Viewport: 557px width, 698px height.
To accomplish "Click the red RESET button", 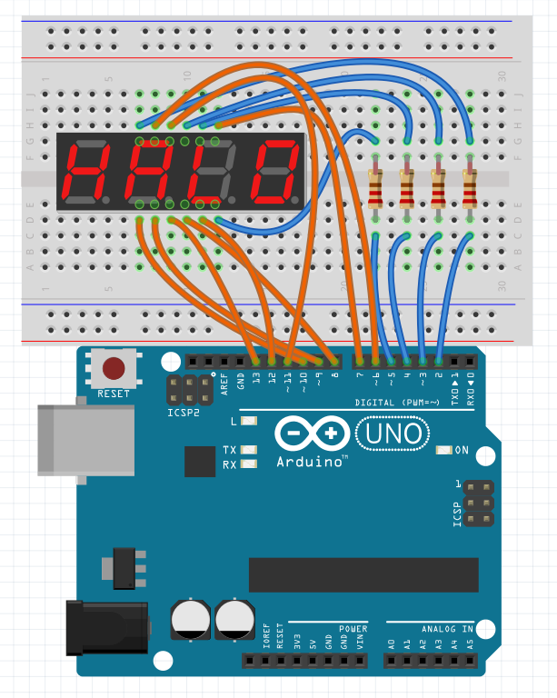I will click(114, 368).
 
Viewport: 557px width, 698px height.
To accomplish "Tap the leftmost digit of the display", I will click(80, 173).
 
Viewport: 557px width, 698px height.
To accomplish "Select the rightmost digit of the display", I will click(276, 173).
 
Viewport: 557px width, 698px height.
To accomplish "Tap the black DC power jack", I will click(107, 626).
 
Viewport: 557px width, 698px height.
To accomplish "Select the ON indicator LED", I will click(444, 450).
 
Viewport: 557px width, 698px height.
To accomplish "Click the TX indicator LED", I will click(248, 450).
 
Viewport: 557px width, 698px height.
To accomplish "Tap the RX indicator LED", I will click(248, 464).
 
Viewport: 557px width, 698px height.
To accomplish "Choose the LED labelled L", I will click(248, 421).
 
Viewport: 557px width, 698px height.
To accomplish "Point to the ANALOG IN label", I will click(447, 628).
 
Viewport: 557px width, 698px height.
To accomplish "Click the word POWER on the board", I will click(353, 628).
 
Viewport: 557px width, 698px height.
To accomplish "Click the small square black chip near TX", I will click(200, 462).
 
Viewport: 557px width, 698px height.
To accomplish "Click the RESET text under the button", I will click(114, 394).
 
